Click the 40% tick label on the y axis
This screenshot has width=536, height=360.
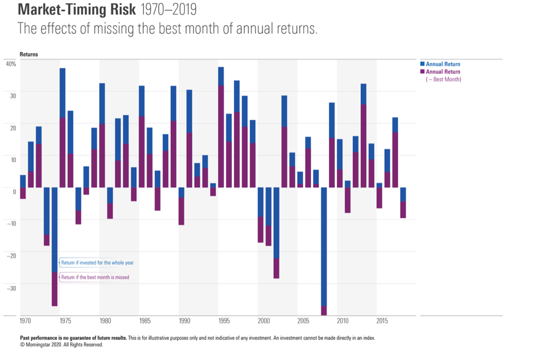(x=11, y=63)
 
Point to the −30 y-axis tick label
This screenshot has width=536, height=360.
(x=11, y=288)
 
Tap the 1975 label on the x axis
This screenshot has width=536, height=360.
(x=66, y=321)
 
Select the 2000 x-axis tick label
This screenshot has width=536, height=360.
(x=263, y=321)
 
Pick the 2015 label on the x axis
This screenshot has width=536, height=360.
(x=382, y=321)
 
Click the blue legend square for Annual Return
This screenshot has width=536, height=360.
(x=422, y=64)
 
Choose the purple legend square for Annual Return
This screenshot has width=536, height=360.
(x=422, y=72)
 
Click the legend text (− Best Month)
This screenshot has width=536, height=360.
(x=444, y=79)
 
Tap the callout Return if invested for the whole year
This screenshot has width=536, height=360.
(x=97, y=263)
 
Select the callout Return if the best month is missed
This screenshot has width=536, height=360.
(x=95, y=277)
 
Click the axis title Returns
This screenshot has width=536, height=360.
(x=29, y=54)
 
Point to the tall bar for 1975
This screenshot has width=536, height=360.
(x=62, y=126)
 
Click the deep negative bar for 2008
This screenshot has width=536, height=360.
(x=324, y=251)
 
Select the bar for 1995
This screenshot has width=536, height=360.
(x=221, y=126)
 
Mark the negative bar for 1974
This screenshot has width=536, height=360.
(x=54, y=245)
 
